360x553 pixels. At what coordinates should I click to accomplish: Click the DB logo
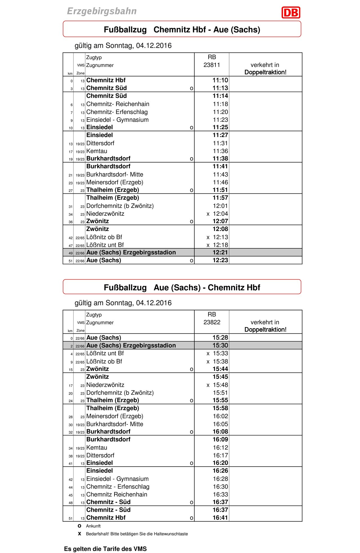pos(291,13)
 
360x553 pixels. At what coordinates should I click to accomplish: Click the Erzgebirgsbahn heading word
pos(102,11)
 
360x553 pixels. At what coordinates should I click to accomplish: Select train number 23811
pos(212,65)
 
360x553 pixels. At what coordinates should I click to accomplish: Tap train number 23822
pos(212,322)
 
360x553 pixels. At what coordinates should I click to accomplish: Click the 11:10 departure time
pos(220,80)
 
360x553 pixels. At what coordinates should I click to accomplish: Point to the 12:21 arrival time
pos(220,252)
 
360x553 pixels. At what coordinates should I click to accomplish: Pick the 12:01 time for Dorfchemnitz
pos(220,206)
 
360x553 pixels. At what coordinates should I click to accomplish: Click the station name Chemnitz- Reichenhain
pos(118,104)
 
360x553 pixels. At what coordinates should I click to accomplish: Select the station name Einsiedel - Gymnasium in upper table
pos(117,120)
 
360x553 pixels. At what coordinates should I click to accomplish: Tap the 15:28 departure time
pos(220,338)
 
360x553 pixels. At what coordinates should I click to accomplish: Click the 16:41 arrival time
pos(220,518)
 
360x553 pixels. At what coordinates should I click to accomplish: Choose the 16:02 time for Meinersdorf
pos(220,416)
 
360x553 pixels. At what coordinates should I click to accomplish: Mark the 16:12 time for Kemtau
pos(220,448)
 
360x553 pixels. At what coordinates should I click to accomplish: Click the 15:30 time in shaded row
pos(220,345)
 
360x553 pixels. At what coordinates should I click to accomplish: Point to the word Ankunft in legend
pos(93,526)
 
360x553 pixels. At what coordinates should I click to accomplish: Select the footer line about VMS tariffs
pos(105,549)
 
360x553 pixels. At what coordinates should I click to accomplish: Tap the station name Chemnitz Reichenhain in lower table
pos(116,494)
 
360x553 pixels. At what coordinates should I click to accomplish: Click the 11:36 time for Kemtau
pos(220,151)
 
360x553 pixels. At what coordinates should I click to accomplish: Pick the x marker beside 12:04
pos(208,214)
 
